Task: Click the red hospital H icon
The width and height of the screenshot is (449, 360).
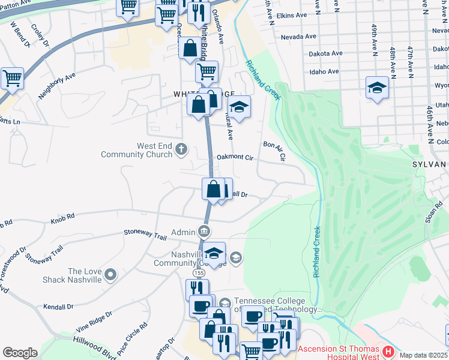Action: coord(388,350)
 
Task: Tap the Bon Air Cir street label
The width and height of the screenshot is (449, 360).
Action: coord(275,149)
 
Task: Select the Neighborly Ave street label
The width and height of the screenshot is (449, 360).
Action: coord(57,86)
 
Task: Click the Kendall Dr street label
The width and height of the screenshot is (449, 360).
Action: coord(58,307)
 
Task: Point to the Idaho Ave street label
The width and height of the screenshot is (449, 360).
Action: coord(322,71)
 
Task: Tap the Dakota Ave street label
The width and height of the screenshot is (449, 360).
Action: coord(325,53)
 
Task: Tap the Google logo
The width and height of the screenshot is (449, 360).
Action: coord(20,353)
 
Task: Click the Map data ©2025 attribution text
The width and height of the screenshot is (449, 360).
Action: coord(423,355)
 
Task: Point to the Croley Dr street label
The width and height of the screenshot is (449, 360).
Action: coord(39,35)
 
